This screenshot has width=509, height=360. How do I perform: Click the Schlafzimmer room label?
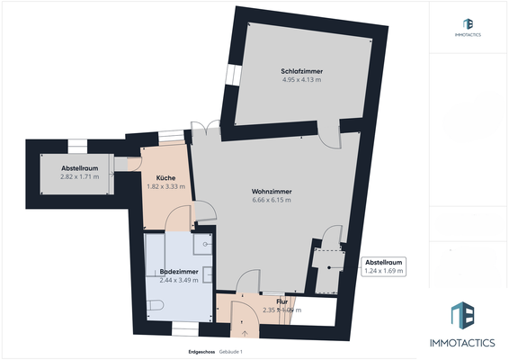301,71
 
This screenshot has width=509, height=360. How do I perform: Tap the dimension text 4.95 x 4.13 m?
301,80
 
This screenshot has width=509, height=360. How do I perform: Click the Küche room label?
165,177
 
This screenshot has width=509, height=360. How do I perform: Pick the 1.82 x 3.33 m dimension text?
165,186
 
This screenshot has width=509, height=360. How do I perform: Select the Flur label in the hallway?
281,301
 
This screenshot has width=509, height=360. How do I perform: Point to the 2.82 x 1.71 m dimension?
78,177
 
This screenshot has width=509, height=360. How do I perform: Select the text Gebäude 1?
231,351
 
